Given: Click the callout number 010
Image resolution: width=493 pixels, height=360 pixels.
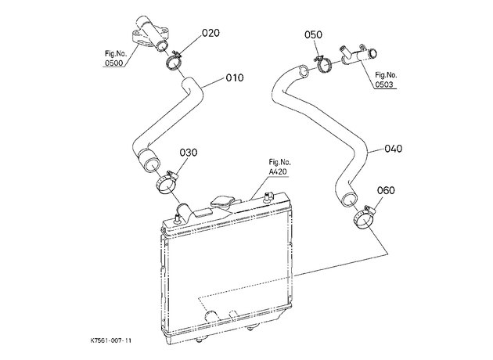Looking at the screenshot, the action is tap(235, 77).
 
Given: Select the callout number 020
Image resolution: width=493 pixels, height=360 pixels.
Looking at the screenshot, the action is tap(211, 33).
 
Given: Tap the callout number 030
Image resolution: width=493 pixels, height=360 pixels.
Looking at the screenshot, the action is tap(189, 153).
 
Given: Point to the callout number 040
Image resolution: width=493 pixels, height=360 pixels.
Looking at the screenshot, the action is tap(393, 149).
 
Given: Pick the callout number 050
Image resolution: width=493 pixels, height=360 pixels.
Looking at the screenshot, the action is tap(313, 34).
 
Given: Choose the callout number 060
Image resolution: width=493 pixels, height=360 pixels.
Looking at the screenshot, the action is tap(386, 190).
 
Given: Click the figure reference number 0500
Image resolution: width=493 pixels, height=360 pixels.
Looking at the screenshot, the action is tap(113, 63).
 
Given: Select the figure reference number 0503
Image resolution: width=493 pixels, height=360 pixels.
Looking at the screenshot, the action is tap(384, 85).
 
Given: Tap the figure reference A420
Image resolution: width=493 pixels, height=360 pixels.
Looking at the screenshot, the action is tap(278, 171).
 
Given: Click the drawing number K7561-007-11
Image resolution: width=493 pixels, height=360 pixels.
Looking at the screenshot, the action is tap(111, 340).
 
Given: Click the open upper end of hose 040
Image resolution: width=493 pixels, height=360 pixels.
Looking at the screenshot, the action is tap(304, 71).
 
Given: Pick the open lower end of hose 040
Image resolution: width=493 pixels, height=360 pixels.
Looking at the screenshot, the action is tap(348, 200).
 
